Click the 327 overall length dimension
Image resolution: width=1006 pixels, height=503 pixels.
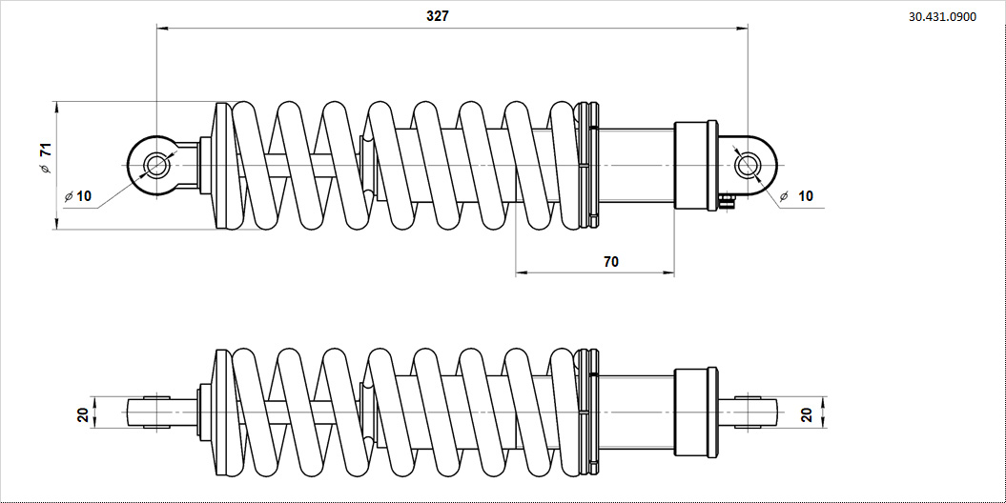tap(438, 16)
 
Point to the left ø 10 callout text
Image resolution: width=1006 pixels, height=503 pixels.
tap(79, 196)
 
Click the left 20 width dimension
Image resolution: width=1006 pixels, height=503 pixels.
tap(83, 414)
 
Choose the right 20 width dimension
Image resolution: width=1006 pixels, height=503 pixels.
tap(806, 414)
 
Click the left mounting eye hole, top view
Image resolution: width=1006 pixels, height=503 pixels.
tap(156, 166)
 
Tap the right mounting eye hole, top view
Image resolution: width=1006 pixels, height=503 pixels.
tap(748, 166)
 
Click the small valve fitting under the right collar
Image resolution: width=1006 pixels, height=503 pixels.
tap(728, 200)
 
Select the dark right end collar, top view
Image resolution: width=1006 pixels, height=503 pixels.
tap(695, 165)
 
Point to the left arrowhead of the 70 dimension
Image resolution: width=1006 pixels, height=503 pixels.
tap(521, 273)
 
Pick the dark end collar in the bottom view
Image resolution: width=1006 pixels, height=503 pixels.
tap(695, 412)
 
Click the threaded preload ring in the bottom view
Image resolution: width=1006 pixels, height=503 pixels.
tap(588, 412)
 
